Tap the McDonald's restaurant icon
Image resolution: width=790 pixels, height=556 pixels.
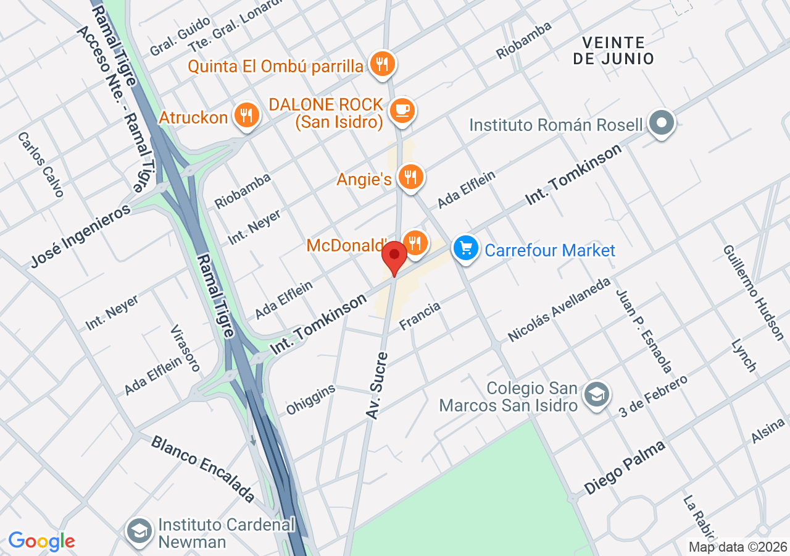(415, 243)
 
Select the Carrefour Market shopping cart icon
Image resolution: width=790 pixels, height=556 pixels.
(466, 248)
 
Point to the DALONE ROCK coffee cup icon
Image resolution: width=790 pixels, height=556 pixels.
(403, 111)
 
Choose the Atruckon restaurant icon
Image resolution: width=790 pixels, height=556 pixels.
(246, 116)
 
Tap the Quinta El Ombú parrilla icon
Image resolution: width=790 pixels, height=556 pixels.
(383, 63)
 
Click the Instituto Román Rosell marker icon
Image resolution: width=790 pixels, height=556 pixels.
(662, 123)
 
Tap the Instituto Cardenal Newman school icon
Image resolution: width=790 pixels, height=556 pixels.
(140, 531)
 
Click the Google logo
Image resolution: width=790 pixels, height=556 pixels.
(41, 541)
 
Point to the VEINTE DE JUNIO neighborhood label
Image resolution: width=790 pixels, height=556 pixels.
(613, 51)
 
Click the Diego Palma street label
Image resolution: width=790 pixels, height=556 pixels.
(625, 466)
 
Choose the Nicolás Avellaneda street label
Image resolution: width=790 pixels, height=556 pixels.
(559, 310)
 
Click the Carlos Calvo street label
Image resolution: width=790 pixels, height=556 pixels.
(41, 164)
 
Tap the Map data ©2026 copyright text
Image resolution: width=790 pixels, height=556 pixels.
(738, 547)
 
